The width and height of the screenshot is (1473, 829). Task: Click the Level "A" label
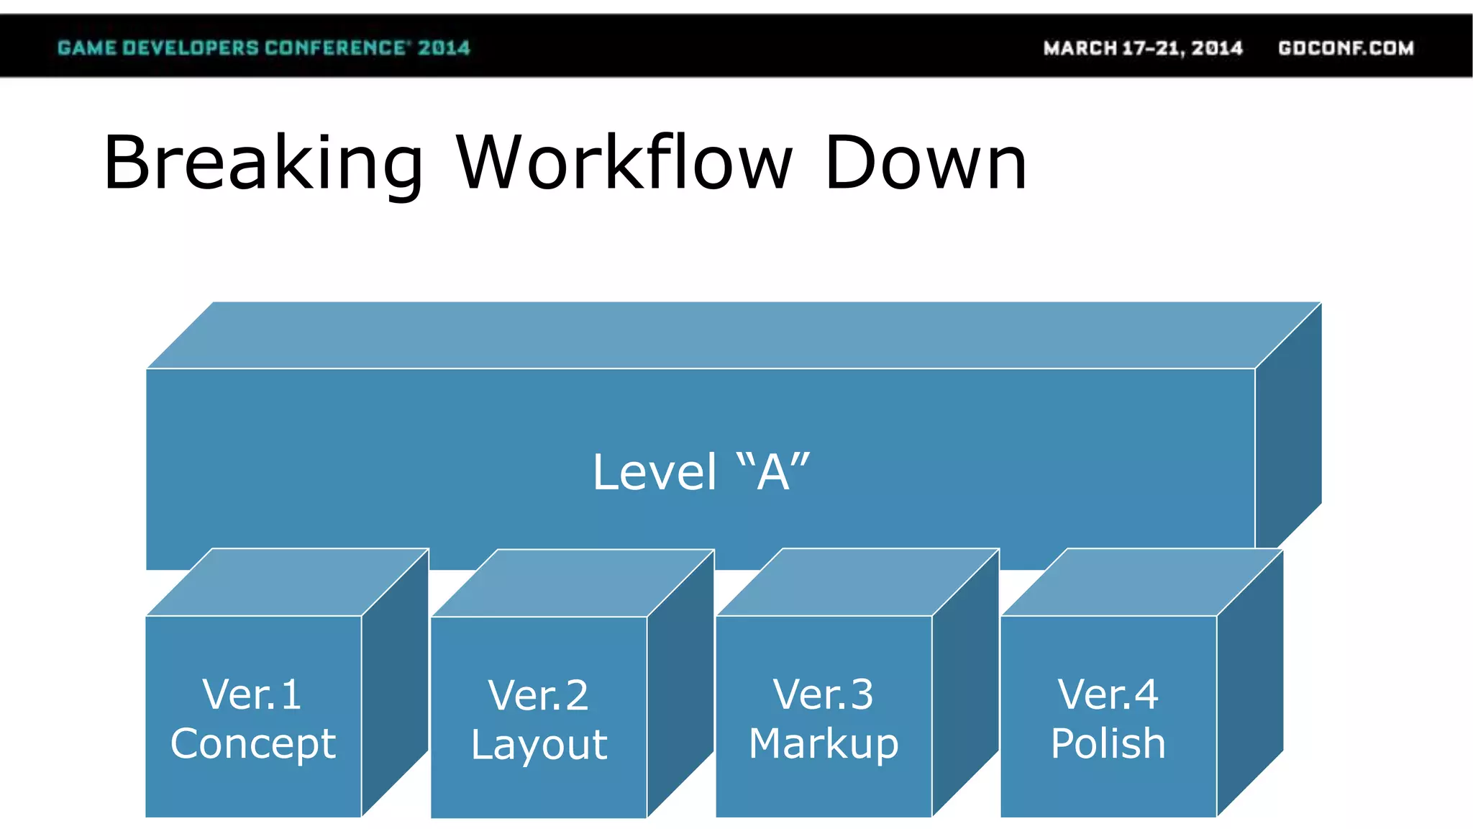click(x=701, y=472)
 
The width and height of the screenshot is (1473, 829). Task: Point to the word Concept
click(x=253, y=743)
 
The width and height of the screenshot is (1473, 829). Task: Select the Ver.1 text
click(x=252, y=694)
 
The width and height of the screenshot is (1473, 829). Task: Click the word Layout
click(x=539, y=744)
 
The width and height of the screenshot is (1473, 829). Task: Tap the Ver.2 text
click(x=538, y=695)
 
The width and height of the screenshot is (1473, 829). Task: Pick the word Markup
click(x=824, y=743)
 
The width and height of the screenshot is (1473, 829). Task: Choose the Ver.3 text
click(x=823, y=694)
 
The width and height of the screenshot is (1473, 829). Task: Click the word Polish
click(x=1108, y=743)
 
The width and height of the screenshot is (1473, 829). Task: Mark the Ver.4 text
click(x=1108, y=694)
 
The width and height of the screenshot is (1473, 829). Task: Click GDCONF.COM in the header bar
click(x=1346, y=48)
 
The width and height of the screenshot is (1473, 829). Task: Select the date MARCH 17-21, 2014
click(x=1143, y=48)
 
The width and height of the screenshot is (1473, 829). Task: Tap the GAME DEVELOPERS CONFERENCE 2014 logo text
click(x=263, y=48)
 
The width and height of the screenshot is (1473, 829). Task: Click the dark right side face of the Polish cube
click(x=1250, y=684)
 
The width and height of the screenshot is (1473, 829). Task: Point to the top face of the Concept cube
click(x=288, y=582)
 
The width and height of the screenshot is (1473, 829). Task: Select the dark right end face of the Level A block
click(x=1288, y=432)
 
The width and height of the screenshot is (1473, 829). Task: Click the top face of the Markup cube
click(x=857, y=582)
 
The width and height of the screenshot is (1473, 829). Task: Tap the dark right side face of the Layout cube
click(x=680, y=684)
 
